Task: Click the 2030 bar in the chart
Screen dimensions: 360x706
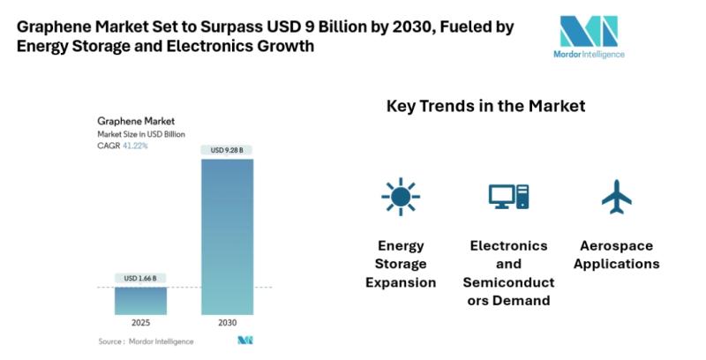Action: click(x=228, y=236)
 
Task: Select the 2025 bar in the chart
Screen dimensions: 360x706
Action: click(x=140, y=300)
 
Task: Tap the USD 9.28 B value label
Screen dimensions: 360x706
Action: click(x=228, y=150)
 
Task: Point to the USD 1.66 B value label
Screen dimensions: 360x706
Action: click(x=140, y=279)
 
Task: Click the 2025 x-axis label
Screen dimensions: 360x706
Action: click(x=140, y=324)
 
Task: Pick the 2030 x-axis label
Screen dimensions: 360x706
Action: click(x=228, y=324)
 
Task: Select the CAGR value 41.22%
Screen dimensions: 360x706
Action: click(x=136, y=146)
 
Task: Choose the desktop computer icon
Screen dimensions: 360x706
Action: click(x=508, y=197)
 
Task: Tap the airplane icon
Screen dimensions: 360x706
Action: click(x=618, y=197)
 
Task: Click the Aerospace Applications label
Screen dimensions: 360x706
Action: click(x=619, y=254)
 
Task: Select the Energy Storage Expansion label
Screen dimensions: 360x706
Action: click(x=401, y=264)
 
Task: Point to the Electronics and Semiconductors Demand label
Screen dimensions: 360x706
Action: click(x=508, y=273)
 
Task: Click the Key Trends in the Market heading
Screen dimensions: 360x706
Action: click(x=485, y=106)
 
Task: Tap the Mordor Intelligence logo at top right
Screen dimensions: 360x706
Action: click(x=592, y=37)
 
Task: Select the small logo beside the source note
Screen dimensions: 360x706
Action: click(x=244, y=341)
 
